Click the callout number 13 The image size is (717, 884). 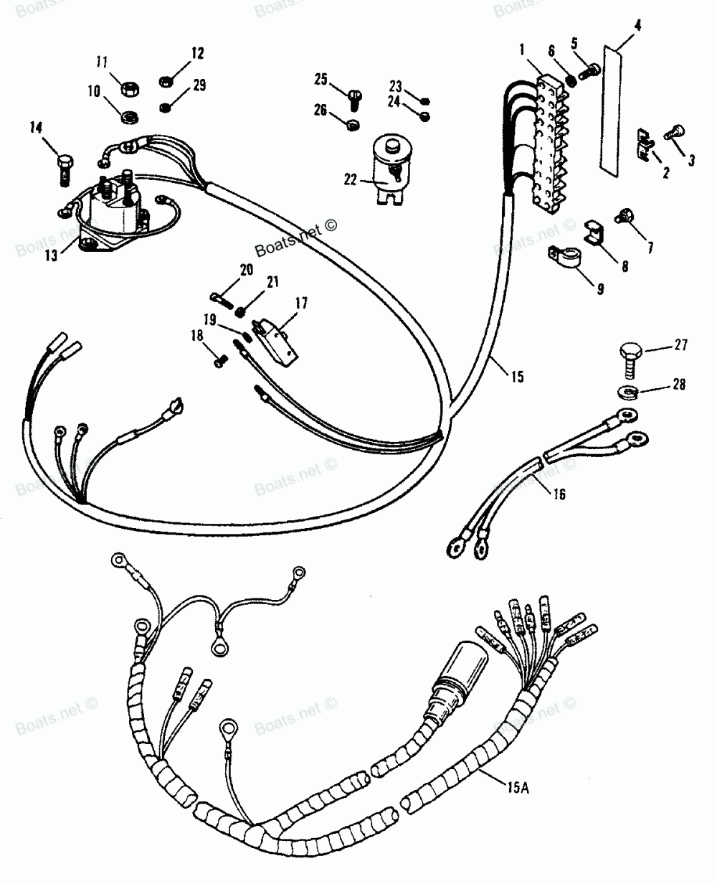click(51, 255)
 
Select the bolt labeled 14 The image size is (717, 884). click(65, 170)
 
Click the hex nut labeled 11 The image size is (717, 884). click(130, 88)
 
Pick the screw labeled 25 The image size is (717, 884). click(355, 100)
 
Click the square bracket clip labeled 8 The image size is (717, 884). click(594, 232)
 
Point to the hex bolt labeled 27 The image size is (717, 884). click(631, 359)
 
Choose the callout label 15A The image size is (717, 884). click(518, 786)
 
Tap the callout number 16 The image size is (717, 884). click(559, 494)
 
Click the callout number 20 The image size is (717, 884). click(247, 271)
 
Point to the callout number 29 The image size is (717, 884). click(199, 85)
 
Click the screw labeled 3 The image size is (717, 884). click(675, 133)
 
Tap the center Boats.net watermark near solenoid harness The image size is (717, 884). click(295, 238)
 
